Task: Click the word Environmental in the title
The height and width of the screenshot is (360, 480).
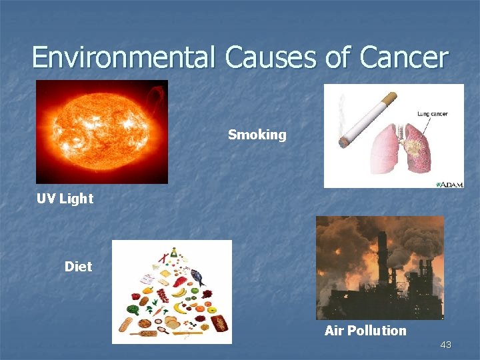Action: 123,57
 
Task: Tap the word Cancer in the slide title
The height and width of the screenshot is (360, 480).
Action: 404,57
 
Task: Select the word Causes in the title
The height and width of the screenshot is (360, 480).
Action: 271,57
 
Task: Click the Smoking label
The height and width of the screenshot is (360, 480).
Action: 257,135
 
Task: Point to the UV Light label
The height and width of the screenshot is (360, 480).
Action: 65,198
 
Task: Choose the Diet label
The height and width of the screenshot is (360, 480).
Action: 78,267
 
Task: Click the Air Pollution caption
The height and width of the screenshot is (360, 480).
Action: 365,331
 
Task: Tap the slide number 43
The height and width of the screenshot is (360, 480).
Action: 446,345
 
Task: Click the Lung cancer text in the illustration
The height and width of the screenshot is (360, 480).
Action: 432,113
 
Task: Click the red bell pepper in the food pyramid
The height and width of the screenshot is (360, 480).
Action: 137,295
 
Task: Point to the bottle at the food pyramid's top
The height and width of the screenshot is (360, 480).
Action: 173,252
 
